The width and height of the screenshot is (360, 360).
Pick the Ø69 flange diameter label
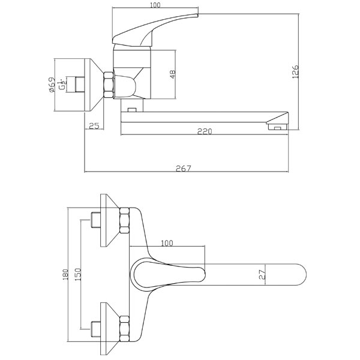[53, 84]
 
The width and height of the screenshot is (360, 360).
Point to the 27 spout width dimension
[262, 275]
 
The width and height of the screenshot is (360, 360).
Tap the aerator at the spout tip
[277, 127]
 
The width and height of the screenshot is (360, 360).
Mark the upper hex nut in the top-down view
[125, 220]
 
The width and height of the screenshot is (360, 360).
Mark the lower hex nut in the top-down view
[125, 328]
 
